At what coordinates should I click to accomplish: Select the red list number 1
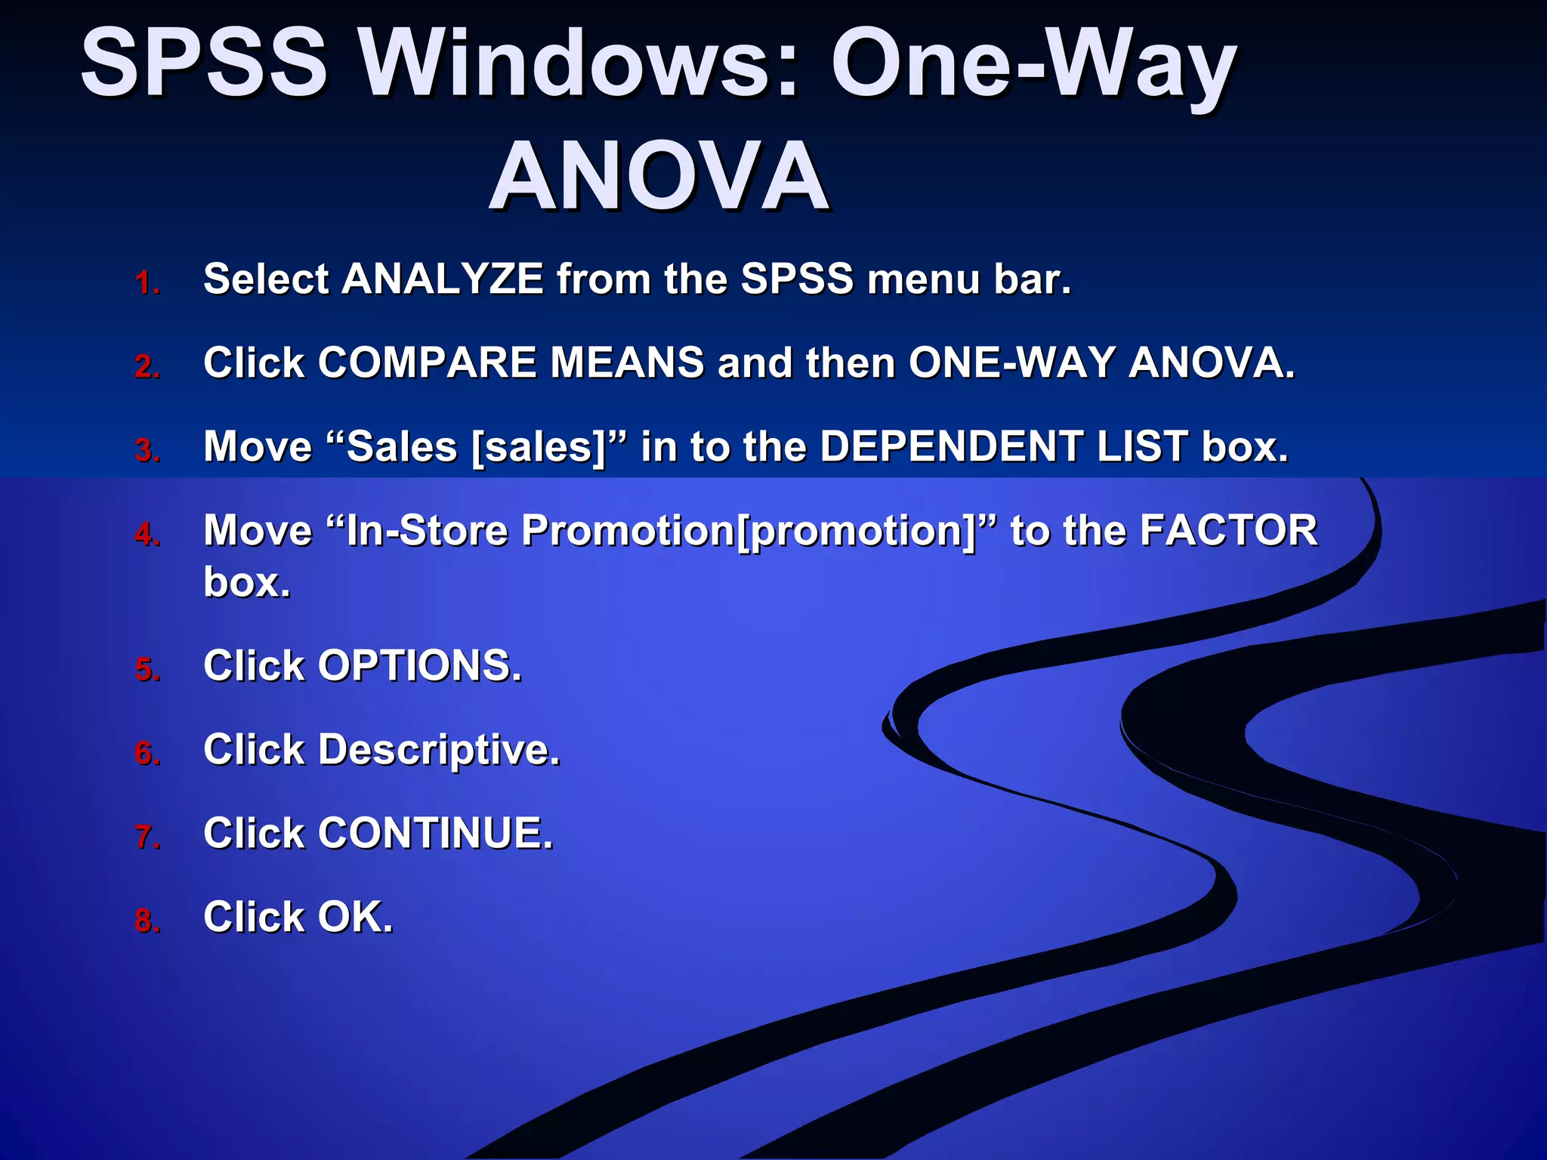click(x=147, y=283)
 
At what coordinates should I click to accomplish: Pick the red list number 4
click(x=147, y=535)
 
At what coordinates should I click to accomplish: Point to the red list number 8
click(x=147, y=921)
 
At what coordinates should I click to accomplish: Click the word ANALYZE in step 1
click(x=443, y=279)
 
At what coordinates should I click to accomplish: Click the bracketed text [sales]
click(x=539, y=447)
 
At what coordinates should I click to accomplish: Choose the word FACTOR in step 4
click(x=1228, y=530)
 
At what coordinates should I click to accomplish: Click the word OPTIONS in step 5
click(x=419, y=666)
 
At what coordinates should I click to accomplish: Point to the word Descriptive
click(x=439, y=750)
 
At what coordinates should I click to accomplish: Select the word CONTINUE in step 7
click(x=435, y=834)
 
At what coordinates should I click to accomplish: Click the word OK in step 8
click(x=355, y=918)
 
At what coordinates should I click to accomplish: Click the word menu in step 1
click(x=923, y=279)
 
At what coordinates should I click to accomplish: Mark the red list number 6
click(x=147, y=754)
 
